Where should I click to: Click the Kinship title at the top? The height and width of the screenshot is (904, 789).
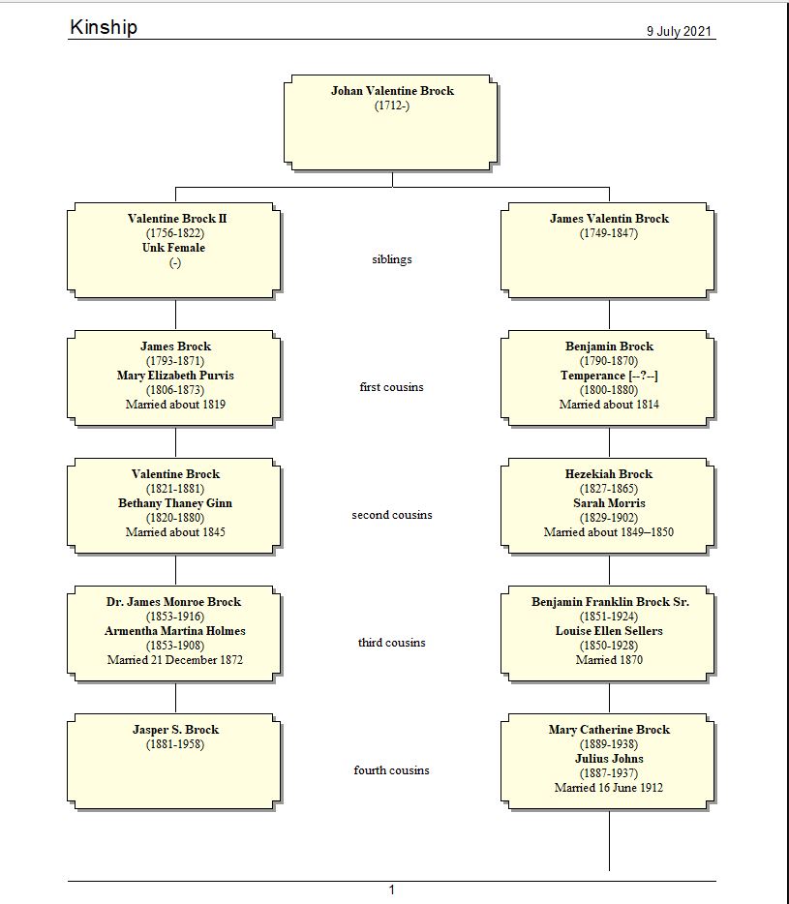pyautogui.click(x=104, y=27)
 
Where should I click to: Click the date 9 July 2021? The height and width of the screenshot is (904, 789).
pyautogui.click(x=679, y=31)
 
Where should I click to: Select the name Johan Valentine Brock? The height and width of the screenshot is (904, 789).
pyautogui.click(x=392, y=91)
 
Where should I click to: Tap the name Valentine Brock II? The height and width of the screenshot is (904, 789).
pyautogui.click(x=176, y=219)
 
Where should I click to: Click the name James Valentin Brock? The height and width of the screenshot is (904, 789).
pyautogui.click(x=609, y=219)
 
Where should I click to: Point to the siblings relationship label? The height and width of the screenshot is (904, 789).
pyautogui.click(x=392, y=259)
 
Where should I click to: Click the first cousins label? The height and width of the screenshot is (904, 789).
pyautogui.click(x=392, y=387)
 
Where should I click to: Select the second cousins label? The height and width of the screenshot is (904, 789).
pyautogui.click(x=392, y=515)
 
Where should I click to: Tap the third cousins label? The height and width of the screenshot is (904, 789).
pyautogui.click(x=392, y=643)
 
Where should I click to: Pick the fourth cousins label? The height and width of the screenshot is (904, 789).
pyautogui.click(x=392, y=770)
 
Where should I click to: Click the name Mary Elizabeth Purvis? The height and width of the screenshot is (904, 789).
pyautogui.click(x=175, y=376)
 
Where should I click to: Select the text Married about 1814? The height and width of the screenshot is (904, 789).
pyautogui.click(x=609, y=405)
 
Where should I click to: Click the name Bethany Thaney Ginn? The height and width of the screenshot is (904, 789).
pyautogui.click(x=175, y=503)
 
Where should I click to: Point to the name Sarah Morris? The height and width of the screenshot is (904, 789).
pyautogui.click(x=609, y=503)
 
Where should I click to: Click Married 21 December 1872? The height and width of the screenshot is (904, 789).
pyautogui.click(x=175, y=660)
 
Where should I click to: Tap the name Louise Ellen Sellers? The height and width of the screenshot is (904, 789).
pyautogui.click(x=609, y=631)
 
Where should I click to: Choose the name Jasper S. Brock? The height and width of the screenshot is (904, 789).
pyautogui.click(x=175, y=730)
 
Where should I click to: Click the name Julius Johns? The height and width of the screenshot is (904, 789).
pyautogui.click(x=609, y=759)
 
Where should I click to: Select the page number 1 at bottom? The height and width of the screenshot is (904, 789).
pyautogui.click(x=392, y=890)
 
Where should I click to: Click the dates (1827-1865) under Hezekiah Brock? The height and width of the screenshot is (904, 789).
pyautogui.click(x=609, y=489)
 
